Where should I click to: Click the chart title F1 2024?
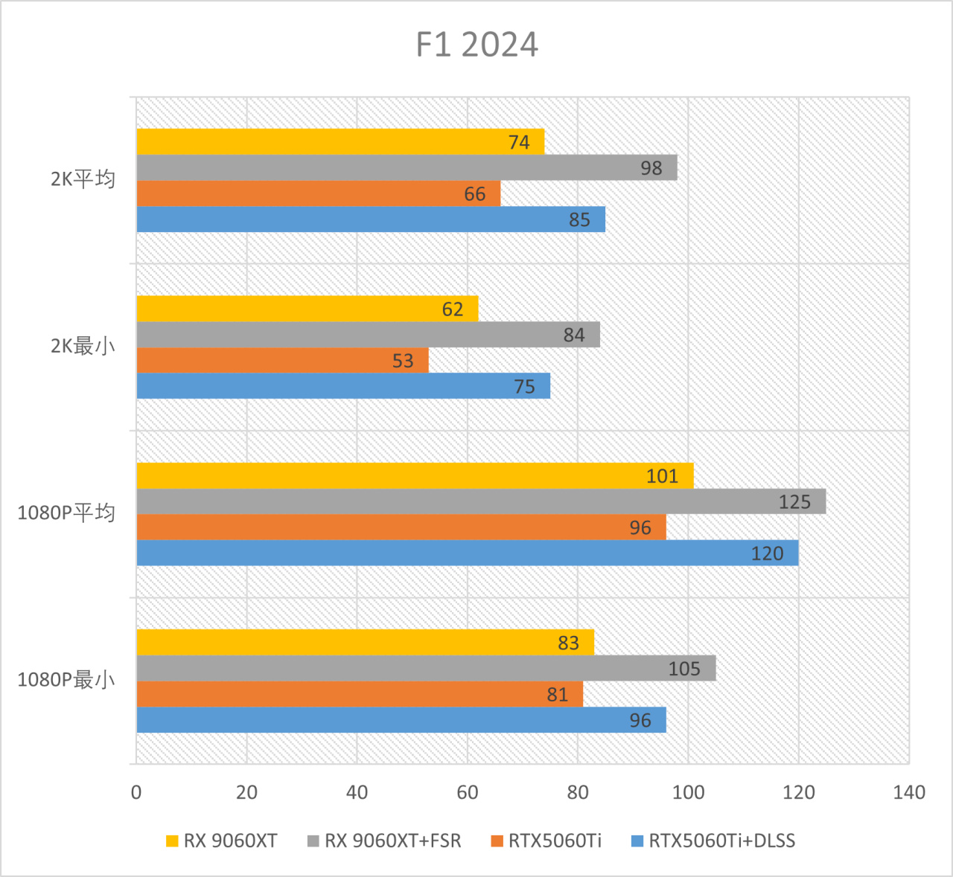pos(476,45)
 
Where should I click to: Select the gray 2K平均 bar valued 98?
pos(407,168)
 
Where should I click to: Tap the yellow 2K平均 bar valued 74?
pos(340,142)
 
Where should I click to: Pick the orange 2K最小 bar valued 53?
pos(282,361)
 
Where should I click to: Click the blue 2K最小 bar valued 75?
pos(343,387)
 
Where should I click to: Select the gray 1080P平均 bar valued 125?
pos(481,502)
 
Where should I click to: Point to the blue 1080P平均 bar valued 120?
pos(468,553)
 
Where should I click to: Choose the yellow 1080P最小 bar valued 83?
pos(365,643)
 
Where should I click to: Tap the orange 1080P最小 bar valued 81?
pos(360,695)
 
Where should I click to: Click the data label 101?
pos(662,476)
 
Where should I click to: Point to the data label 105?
pos(683,669)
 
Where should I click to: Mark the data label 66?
pos(474,194)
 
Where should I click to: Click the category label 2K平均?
pos(83,179)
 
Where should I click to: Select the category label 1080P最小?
pos(66,680)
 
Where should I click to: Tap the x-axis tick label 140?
pos(909,792)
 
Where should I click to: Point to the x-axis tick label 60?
pos(468,792)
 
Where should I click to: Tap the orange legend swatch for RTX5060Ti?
pos(497,841)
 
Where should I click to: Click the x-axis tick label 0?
pos(136,792)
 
